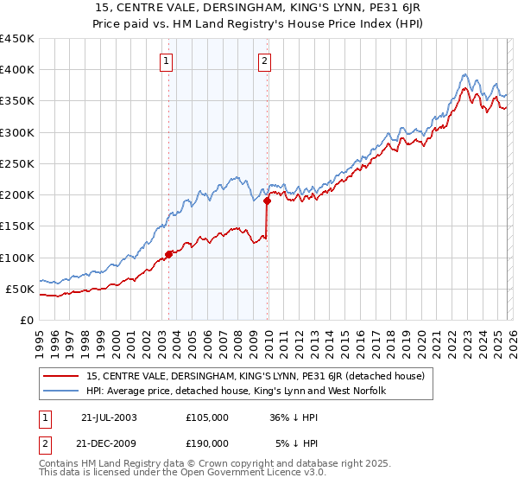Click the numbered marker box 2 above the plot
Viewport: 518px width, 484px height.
click(x=264, y=60)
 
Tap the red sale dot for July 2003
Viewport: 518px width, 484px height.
click(x=169, y=254)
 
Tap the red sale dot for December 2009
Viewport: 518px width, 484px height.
click(x=267, y=201)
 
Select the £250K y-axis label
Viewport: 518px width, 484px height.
click(x=17, y=163)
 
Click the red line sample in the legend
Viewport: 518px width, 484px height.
click(x=62, y=377)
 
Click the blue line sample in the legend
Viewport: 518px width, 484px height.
click(x=62, y=392)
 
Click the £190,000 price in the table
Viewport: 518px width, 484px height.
click(x=207, y=443)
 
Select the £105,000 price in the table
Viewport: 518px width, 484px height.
click(x=207, y=417)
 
